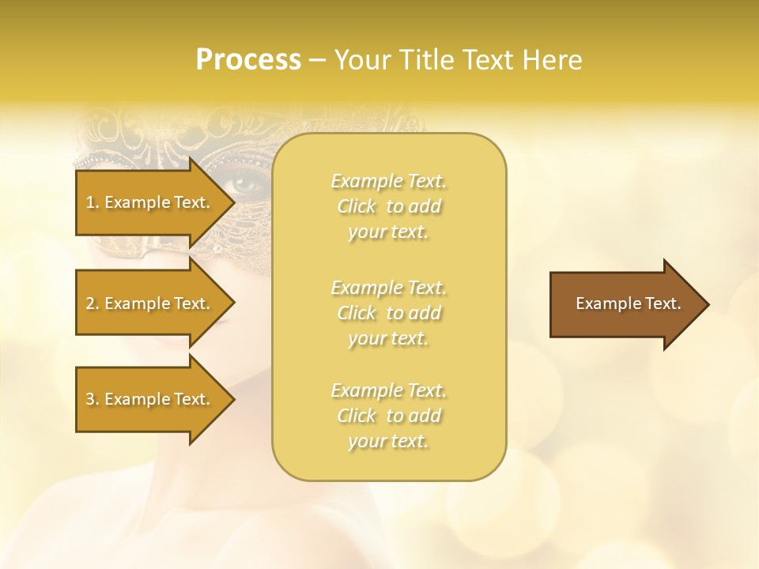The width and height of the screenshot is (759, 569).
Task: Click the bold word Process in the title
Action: [248, 60]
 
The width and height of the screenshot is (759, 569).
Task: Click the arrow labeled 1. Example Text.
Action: [150, 202]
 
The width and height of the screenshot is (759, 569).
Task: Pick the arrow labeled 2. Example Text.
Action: [150, 303]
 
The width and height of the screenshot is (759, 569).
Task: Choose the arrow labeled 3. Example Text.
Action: [150, 399]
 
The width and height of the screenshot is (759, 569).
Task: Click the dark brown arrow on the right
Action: [625, 304]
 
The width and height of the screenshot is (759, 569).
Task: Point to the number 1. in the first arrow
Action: [93, 202]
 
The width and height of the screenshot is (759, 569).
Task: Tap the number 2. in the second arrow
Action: [93, 303]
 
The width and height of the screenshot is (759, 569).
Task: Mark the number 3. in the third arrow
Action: [93, 399]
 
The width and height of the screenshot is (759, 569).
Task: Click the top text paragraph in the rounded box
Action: [388, 206]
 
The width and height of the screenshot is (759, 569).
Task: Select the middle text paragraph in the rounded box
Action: [388, 313]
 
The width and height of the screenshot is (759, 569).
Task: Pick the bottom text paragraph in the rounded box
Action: [388, 416]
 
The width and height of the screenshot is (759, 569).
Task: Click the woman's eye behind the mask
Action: [247, 187]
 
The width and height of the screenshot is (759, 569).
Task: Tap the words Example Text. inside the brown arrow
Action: [628, 303]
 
